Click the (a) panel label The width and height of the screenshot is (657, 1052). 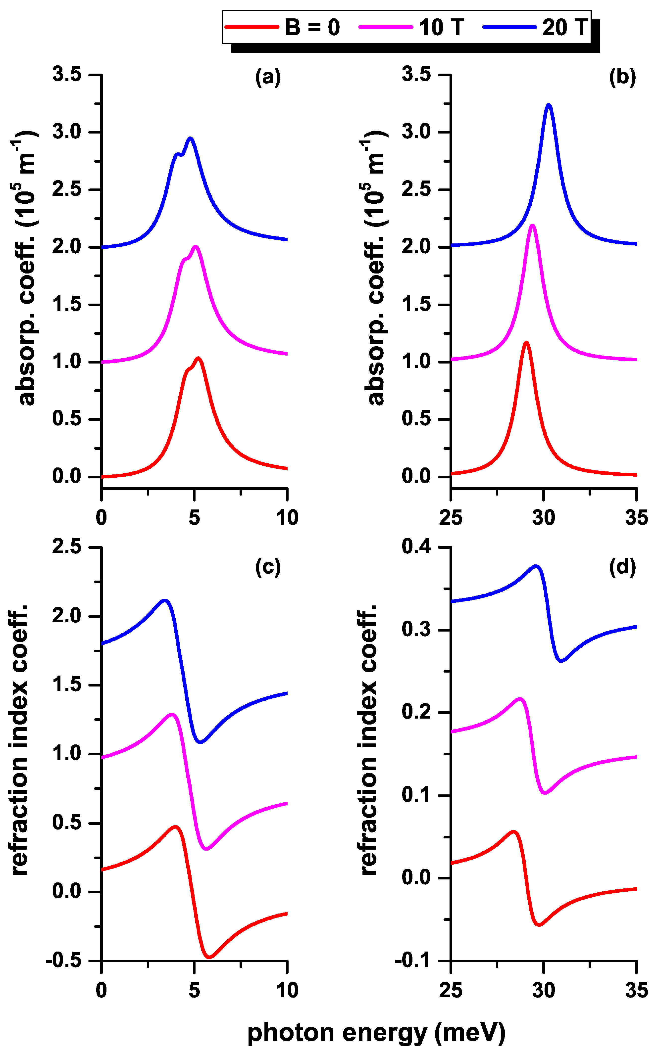[x=268, y=77]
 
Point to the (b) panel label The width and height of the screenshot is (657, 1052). [x=622, y=77]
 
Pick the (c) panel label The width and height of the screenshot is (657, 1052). [x=268, y=567]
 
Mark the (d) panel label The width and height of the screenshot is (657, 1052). [x=622, y=567]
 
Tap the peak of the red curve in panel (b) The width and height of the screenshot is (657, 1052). [x=526, y=343]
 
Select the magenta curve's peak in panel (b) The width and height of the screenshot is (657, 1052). [x=533, y=225]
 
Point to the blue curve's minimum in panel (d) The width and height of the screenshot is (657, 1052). [x=561, y=661]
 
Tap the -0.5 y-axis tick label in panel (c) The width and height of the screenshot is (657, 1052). [x=63, y=961]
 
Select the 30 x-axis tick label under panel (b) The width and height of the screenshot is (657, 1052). [x=544, y=517]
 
